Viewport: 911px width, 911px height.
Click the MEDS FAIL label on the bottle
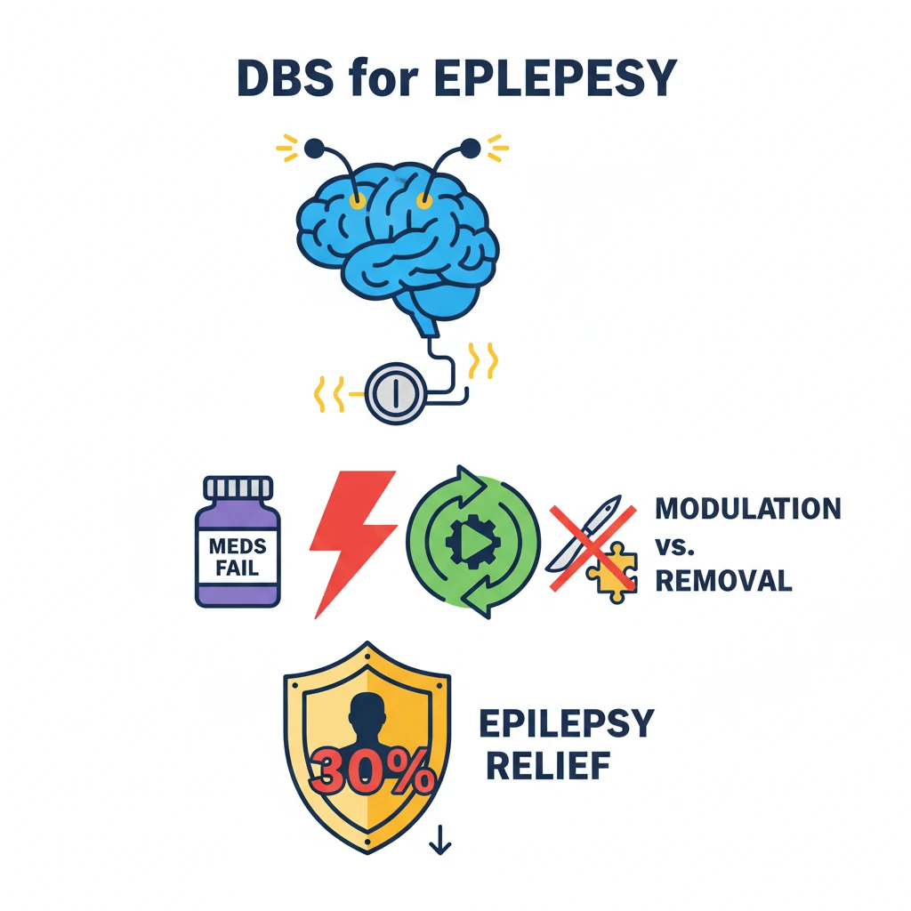pyautogui.click(x=238, y=556)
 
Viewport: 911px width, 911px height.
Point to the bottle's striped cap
pyautogui.click(x=238, y=488)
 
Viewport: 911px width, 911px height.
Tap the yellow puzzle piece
pyautogui.click(x=612, y=574)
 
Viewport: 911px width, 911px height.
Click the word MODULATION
pyautogui.click(x=747, y=509)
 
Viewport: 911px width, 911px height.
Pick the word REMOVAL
pyautogui.click(x=722, y=581)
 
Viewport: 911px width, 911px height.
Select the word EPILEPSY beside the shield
pyautogui.click(x=567, y=723)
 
